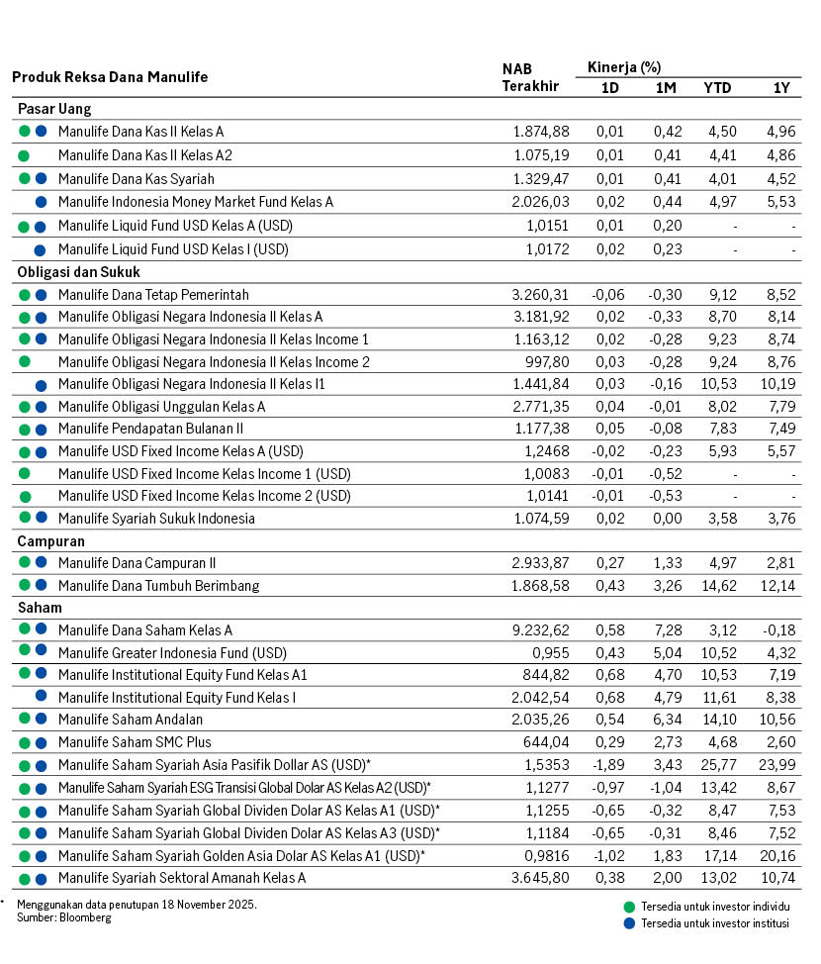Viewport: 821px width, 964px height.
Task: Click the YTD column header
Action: (x=717, y=87)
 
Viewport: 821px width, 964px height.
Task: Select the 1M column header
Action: (x=666, y=87)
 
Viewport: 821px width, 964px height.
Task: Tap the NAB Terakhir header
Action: (x=530, y=77)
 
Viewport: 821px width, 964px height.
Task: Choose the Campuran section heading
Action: (x=50, y=541)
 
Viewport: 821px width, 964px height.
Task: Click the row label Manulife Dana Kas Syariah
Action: (x=137, y=179)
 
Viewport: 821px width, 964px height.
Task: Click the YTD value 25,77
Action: (x=717, y=765)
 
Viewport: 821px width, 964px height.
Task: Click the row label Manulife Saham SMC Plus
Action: (x=135, y=742)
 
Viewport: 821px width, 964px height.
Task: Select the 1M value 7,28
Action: (x=666, y=629)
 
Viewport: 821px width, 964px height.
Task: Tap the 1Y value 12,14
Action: (x=776, y=586)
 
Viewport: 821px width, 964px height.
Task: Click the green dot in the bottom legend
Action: (x=629, y=907)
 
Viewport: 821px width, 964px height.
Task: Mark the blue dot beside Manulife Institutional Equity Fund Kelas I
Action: (x=41, y=697)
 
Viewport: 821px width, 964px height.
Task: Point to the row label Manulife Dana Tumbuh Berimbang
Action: (x=158, y=586)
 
